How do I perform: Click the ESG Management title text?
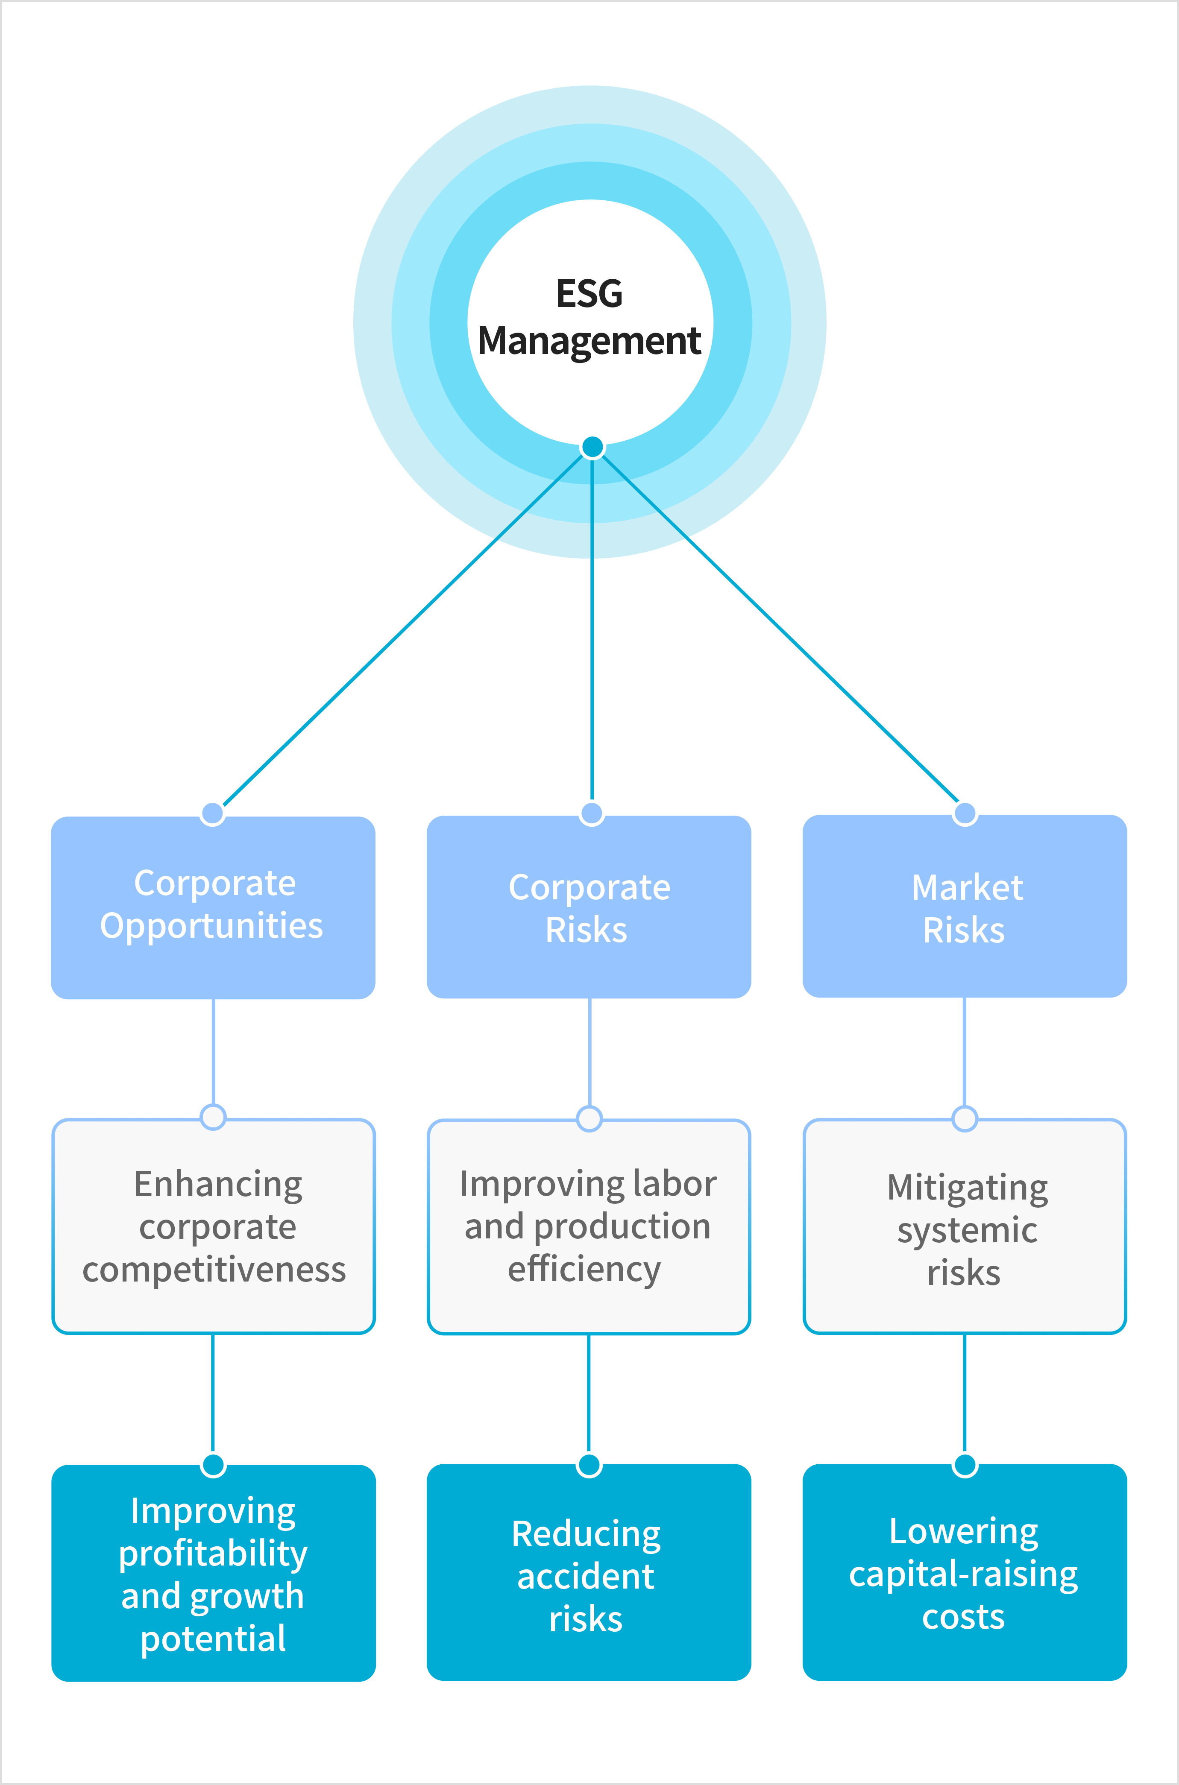click(x=589, y=317)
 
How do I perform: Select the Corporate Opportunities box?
click(x=213, y=908)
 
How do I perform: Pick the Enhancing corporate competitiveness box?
click(x=214, y=1226)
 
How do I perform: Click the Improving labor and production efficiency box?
click(x=589, y=1226)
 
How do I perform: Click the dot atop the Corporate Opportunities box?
click(x=213, y=813)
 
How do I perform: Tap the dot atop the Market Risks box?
click(x=965, y=813)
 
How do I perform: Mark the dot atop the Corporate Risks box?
click(x=592, y=813)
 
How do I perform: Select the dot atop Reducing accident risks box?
click(x=589, y=1465)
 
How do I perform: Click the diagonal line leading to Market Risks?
click(x=782, y=629)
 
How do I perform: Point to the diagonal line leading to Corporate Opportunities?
click(x=403, y=629)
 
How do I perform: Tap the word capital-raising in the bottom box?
click(x=963, y=1574)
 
